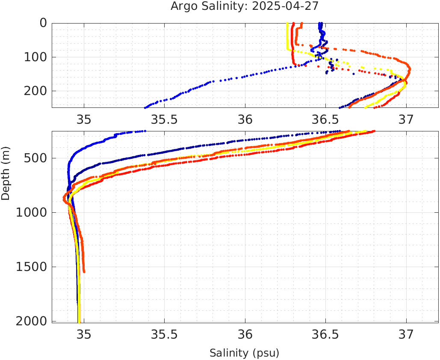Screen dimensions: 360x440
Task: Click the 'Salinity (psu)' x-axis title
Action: point(244,353)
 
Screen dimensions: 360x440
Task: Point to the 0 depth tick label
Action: point(43,23)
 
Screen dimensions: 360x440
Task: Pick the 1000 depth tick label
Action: point(32,213)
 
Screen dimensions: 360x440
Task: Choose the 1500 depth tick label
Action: point(32,267)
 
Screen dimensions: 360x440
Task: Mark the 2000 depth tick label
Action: point(32,321)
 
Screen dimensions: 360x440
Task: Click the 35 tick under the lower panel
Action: point(84,333)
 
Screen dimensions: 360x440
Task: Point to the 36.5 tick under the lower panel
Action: point(325,333)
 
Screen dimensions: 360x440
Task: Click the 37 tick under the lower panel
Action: point(406,333)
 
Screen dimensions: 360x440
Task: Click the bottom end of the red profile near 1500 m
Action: point(84,271)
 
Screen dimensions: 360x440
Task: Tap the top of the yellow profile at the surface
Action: point(286,24)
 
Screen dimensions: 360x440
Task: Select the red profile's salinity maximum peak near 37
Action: point(409,68)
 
